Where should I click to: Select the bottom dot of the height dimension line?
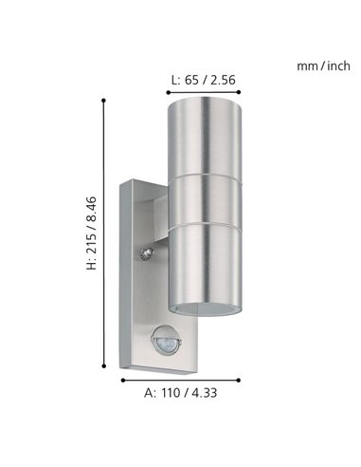104,373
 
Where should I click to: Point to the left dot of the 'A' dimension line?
122,380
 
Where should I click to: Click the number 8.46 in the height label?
90,206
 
